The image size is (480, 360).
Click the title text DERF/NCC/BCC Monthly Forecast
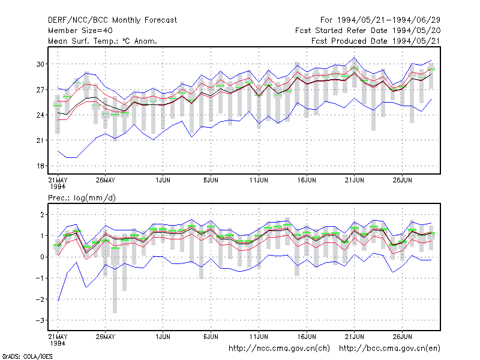pos(112,20)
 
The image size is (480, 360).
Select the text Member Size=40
pos(80,31)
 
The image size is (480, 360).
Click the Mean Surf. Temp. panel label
pos(103,41)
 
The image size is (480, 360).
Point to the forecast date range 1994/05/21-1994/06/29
pos(380,20)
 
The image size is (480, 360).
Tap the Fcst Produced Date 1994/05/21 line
pos(376,41)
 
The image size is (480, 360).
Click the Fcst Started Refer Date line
pos(368,31)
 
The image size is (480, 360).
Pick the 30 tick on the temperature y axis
pos(40,64)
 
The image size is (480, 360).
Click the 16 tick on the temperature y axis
pos(40,166)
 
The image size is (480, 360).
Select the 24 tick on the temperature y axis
pos(40,115)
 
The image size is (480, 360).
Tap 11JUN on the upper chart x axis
pos(259,180)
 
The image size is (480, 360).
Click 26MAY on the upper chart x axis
pos(106,180)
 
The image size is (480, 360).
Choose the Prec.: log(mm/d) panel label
pos(82,198)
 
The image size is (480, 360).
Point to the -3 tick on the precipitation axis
pos(40,320)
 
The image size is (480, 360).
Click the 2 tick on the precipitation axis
pos(42,215)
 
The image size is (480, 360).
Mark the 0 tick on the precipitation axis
pos(42,257)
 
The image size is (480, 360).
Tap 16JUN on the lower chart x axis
pos(307,337)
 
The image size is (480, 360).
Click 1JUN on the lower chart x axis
pos(163,337)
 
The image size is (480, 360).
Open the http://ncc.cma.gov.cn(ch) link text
pos(279,349)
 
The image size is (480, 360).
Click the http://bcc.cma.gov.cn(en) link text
pos(389,349)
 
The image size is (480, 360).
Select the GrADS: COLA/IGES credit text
pos(27,356)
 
